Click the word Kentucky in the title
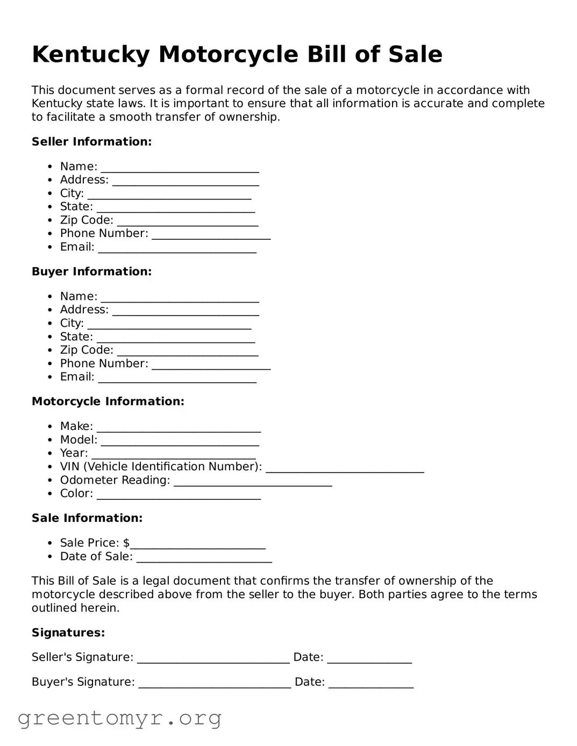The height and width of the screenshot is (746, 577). [x=90, y=55]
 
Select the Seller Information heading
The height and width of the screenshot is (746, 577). [x=91, y=142]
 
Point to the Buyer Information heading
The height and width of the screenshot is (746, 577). [x=91, y=272]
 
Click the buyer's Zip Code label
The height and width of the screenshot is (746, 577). [x=87, y=350]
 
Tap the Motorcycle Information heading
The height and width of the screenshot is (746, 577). [x=108, y=401]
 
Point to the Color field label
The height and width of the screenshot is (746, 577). [x=76, y=494]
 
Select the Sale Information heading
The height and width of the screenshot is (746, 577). [x=87, y=518]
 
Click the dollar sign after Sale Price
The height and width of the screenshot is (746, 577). [x=126, y=543]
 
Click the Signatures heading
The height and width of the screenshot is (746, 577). [x=68, y=633]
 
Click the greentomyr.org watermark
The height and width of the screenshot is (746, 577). [x=119, y=718]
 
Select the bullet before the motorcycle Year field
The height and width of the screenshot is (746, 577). [x=49, y=454]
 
